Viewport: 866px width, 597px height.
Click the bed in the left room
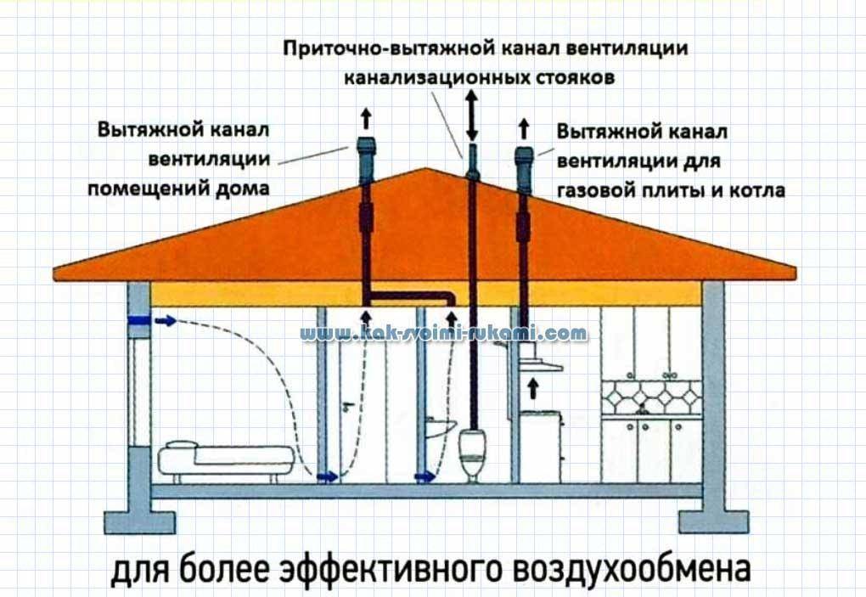coord(227,459)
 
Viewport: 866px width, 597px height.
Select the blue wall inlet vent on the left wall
coord(138,320)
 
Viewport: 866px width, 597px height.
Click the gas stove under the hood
coord(540,446)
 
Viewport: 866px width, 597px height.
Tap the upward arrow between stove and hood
coord(533,388)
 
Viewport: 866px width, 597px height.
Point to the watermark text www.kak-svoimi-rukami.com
coord(444,332)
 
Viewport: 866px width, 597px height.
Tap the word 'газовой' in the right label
coord(598,190)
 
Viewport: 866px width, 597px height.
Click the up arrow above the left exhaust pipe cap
coord(366,119)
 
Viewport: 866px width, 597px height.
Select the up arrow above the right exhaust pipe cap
coord(524,129)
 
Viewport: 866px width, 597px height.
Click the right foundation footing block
coord(713,521)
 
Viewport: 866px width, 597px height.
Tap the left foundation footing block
coord(140,522)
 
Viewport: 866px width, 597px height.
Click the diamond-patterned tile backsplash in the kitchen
coord(652,397)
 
